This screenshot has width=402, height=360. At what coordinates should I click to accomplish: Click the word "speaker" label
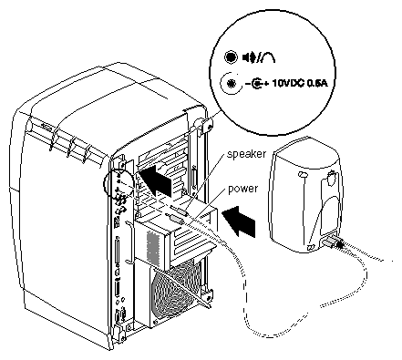tap(246, 154)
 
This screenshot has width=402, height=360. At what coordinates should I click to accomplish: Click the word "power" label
tap(242, 189)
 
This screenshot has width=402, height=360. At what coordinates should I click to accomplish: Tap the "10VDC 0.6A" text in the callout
tap(300, 83)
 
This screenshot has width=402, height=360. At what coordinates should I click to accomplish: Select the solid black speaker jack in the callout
tap(231, 57)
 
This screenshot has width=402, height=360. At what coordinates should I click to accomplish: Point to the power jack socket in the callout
tap(232, 83)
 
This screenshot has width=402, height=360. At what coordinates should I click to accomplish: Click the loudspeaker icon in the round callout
tap(249, 57)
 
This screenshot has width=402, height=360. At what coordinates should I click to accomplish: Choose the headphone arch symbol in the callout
tap(268, 57)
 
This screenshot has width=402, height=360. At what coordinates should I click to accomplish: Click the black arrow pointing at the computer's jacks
tap(157, 180)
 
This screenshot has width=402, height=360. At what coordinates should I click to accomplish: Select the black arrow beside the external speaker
tap(239, 221)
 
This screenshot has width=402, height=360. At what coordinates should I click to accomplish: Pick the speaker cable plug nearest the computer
tap(180, 210)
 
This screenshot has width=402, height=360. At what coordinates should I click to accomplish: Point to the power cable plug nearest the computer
tap(175, 218)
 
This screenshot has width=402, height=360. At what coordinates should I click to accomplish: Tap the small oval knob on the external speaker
tap(302, 175)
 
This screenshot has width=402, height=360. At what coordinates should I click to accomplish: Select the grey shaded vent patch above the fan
tap(152, 247)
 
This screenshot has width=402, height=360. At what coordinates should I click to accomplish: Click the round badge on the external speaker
tap(331, 179)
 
